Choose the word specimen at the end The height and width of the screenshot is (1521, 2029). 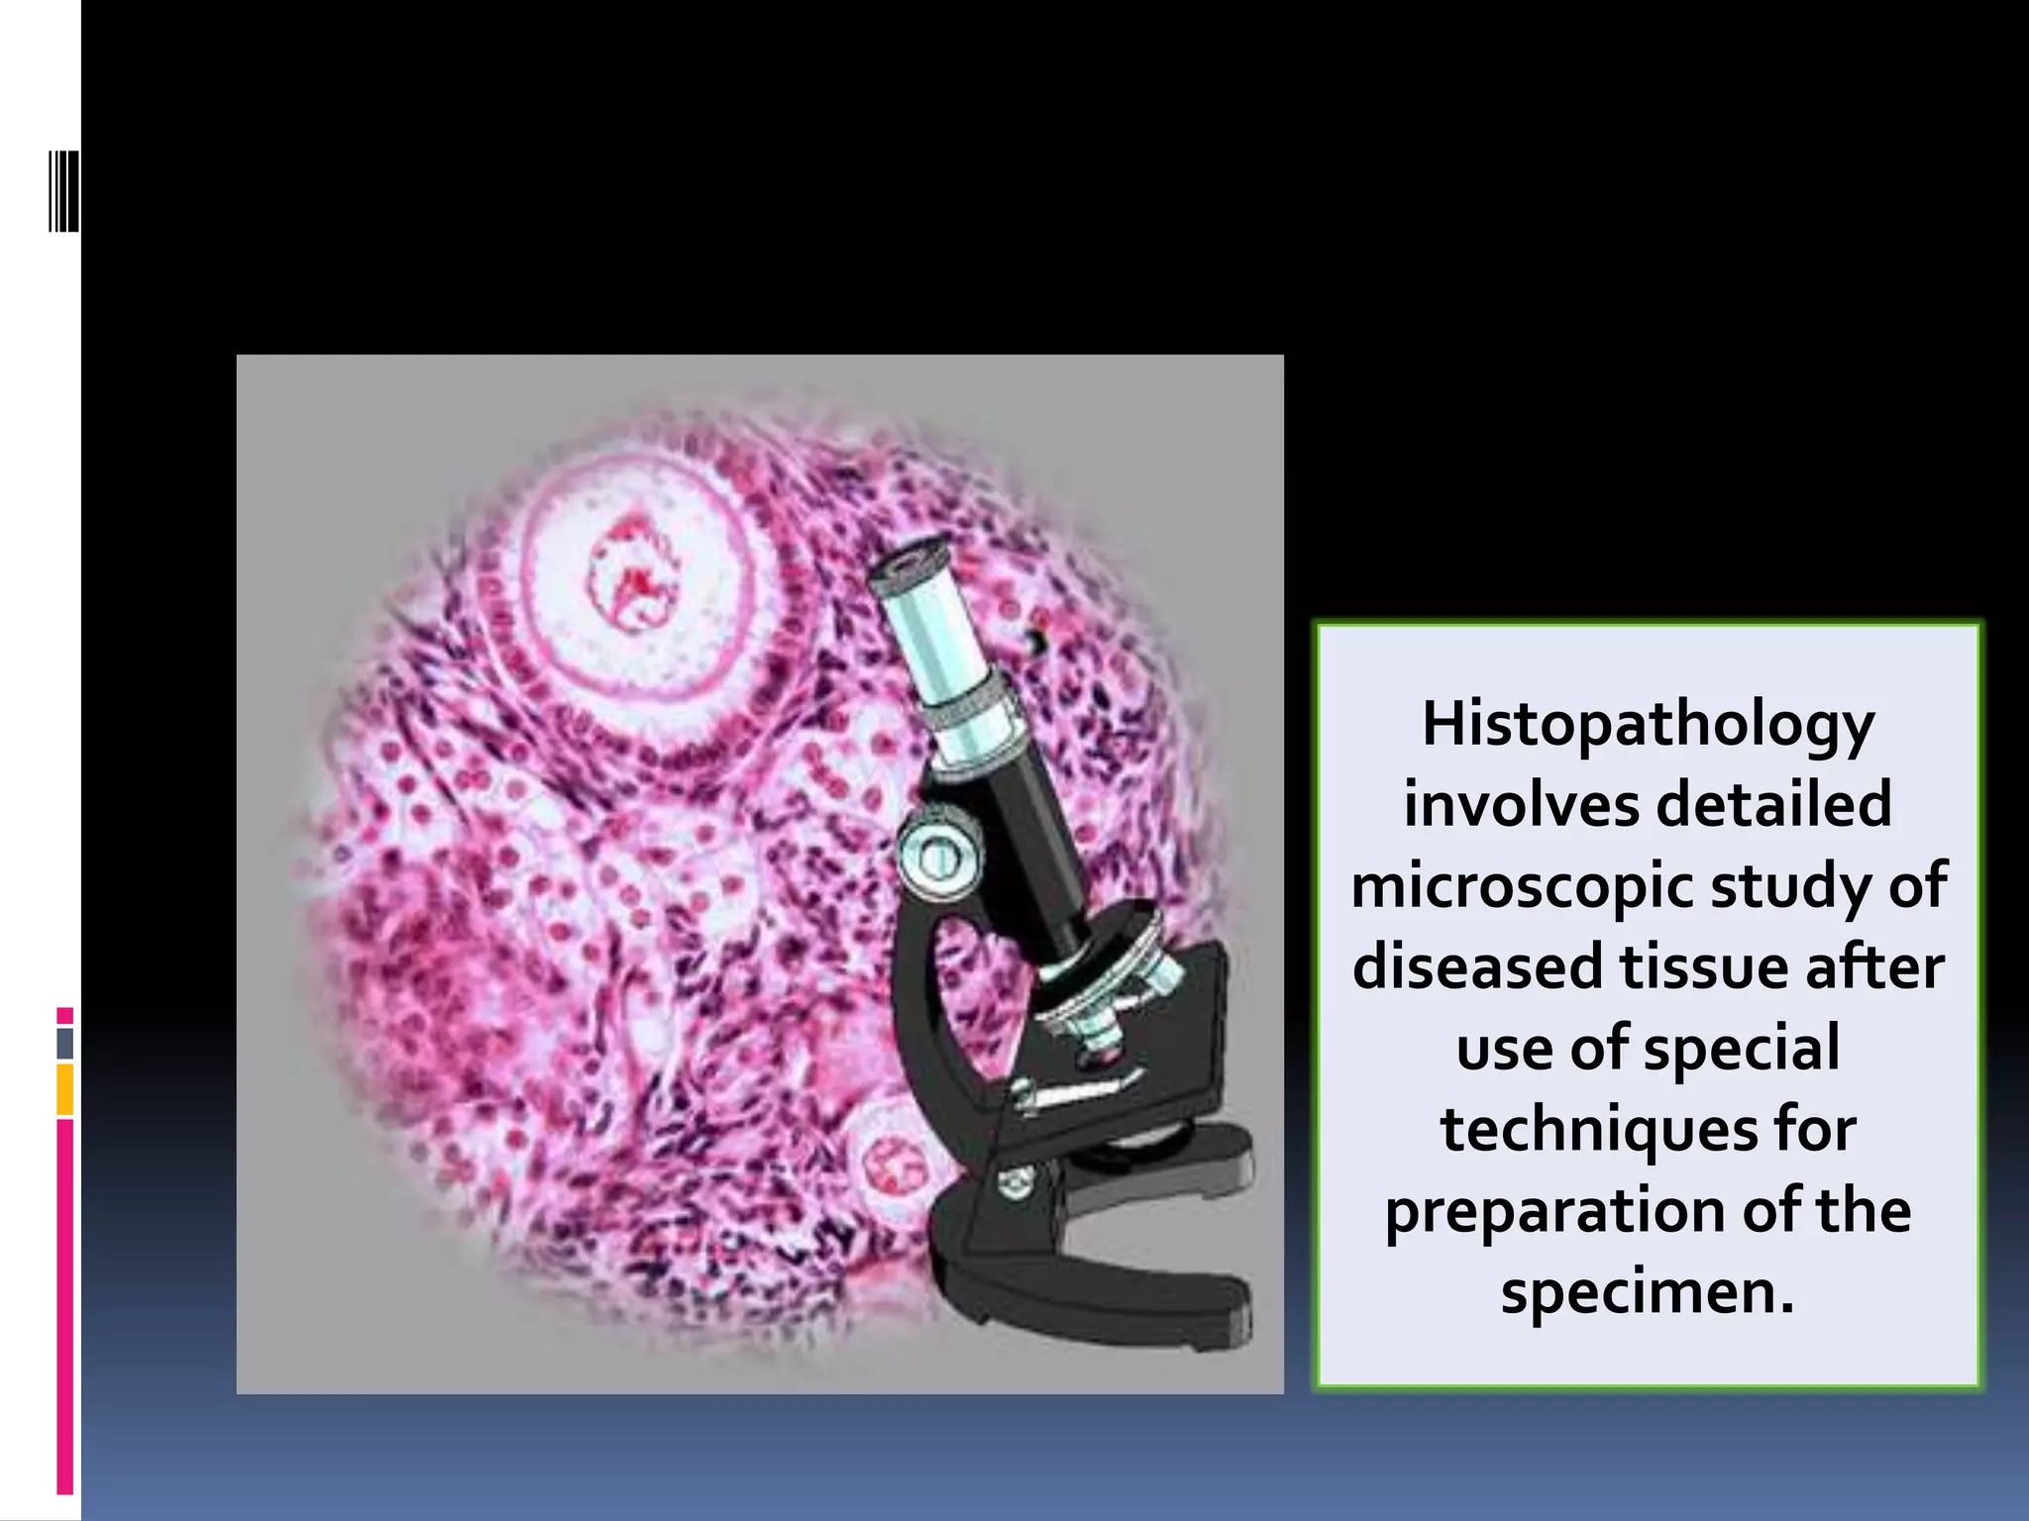pos(1646,1292)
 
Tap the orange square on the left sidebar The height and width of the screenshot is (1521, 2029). pos(65,1089)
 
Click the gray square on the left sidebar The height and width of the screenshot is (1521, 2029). pos(65,1043)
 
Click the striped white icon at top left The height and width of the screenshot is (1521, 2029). pos(63,190)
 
